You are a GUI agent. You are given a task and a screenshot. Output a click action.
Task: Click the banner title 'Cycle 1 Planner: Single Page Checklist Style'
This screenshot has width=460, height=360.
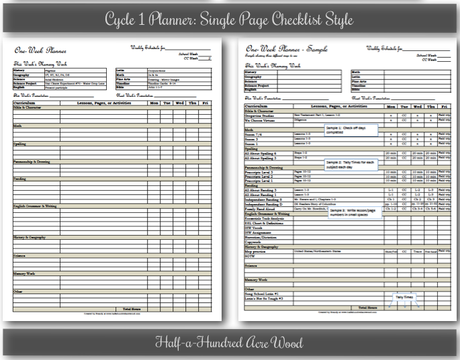[x=229, y=15]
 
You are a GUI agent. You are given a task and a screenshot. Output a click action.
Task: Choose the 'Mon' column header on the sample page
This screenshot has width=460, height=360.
[x=390, y=106]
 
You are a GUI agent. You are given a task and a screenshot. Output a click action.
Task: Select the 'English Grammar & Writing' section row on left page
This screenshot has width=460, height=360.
[x=40, y=206]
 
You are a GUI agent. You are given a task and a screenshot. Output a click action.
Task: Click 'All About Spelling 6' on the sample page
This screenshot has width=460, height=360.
[x=265, y=153]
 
